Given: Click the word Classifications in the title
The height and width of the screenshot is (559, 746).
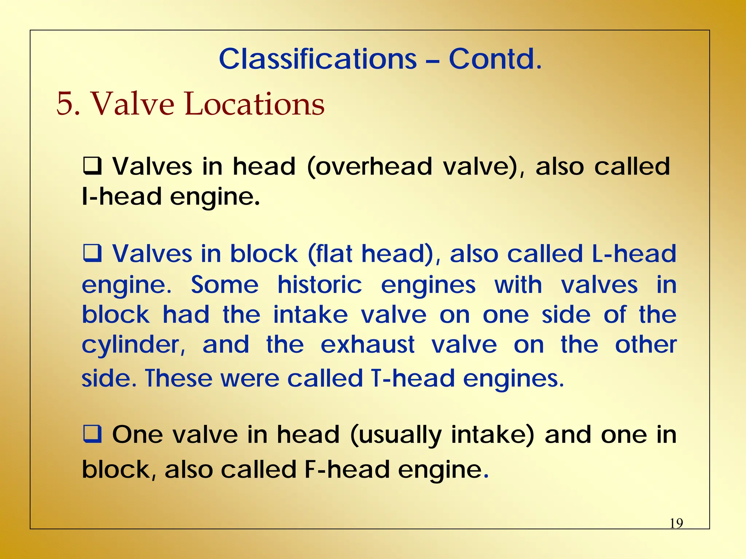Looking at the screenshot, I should pyautogui.click(x=318, y=59).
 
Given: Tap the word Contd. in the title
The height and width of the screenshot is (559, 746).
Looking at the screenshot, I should pyautogui.click(x=495, y=59).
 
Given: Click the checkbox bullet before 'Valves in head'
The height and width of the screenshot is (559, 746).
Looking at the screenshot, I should pyautogui.click(x=92, y=166).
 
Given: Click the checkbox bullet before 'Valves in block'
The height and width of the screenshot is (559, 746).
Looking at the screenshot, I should pyautogui.click(x=92, y=253).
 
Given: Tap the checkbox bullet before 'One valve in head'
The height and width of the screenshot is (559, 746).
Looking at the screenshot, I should pyautogui.click(x=92, y=434).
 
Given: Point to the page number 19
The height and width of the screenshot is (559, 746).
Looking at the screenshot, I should pyautogui.click(x=676, y=523).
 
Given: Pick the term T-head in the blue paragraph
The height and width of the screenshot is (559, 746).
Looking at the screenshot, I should pyautogui.click(x=413, y=378).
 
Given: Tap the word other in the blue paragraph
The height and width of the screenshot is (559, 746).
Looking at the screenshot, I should pyautogui.click(x=645, y=344).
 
